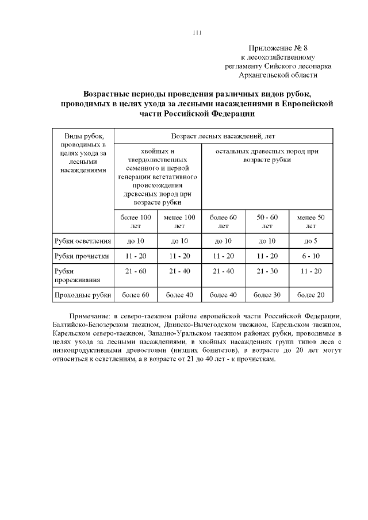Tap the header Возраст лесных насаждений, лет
click(x=223, y=136)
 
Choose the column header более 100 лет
click(x=136, y=222)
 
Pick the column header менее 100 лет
click(x=179, y=222)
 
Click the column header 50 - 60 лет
click(x=267, y=222)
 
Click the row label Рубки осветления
click(x=82, y=241)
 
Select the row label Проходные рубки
click(x=82, y=295)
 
